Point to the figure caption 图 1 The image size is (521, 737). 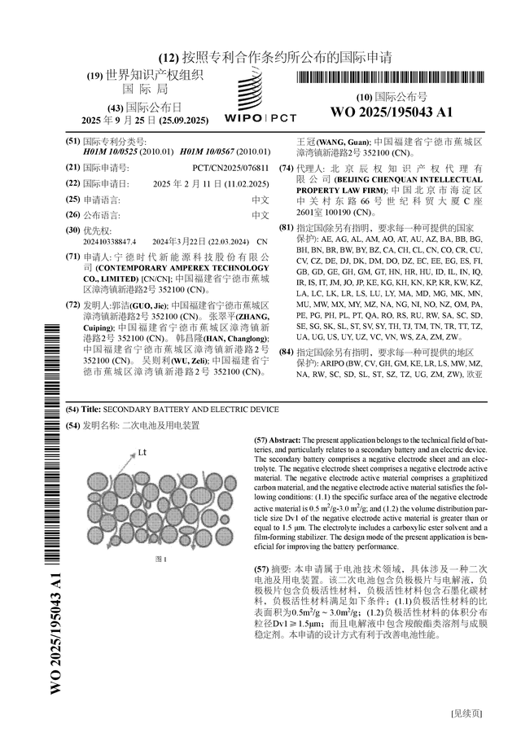click(161, 559)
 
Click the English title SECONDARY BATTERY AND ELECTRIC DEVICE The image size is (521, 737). click(191, 409)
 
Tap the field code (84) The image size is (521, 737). click(287, 352)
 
